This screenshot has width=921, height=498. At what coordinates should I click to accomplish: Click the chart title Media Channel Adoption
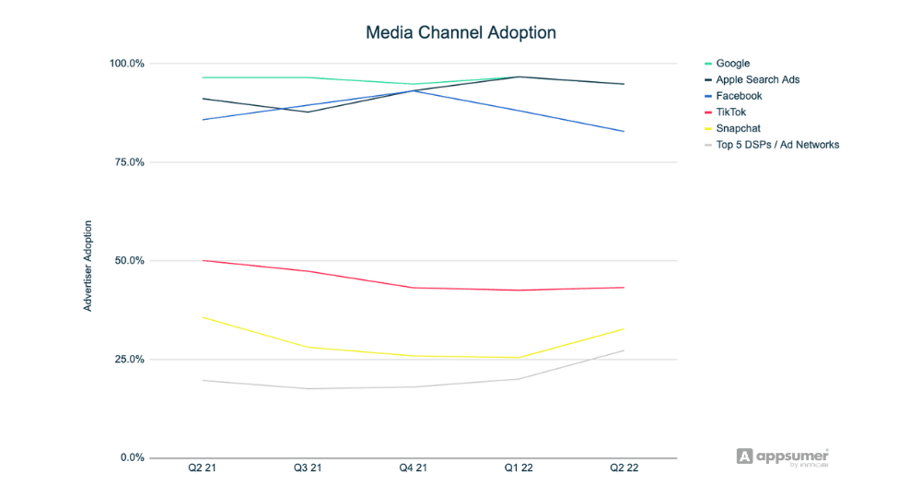pyautogui.click(x=460, y=32)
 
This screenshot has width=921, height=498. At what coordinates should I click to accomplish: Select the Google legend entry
pyautogui.click(x=732, y=64)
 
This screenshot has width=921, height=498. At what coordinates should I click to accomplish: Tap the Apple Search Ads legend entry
pyautogui.click(x=757, y=79)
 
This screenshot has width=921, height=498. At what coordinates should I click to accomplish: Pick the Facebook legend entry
pyautogui.click(x=739, y=96)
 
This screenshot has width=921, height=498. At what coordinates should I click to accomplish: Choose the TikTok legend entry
pyautogui.click(x=732, y=112)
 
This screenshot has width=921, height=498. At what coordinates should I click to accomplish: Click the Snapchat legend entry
pyautogui.click(x=738, y=128)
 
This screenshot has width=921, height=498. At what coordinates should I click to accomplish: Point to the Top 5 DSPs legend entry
pyautogui.click(x=777, y=144)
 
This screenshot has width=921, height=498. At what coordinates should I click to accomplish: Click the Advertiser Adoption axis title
pyautogui.click(x=88, y=266)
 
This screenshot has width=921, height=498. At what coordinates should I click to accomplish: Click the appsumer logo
pyautogui.click(x=783, y=456)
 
